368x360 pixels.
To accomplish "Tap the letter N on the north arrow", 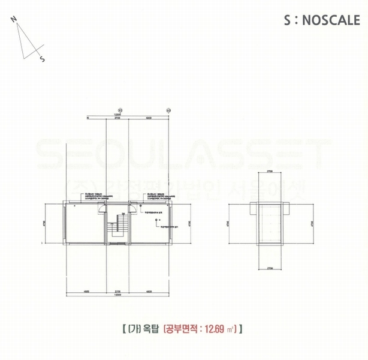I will pos(13,18).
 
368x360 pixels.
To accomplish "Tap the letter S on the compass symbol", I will pos(42,59).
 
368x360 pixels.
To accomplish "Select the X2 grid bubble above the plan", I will pos(120,110).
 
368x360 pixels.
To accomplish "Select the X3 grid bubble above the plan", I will pos(168,110).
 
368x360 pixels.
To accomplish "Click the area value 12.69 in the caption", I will pos(214,329).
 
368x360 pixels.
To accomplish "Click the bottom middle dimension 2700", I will pos(117,292).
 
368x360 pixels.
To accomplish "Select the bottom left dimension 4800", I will pos(86,292).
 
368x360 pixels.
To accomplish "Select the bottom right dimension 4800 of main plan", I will pos(148,292).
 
